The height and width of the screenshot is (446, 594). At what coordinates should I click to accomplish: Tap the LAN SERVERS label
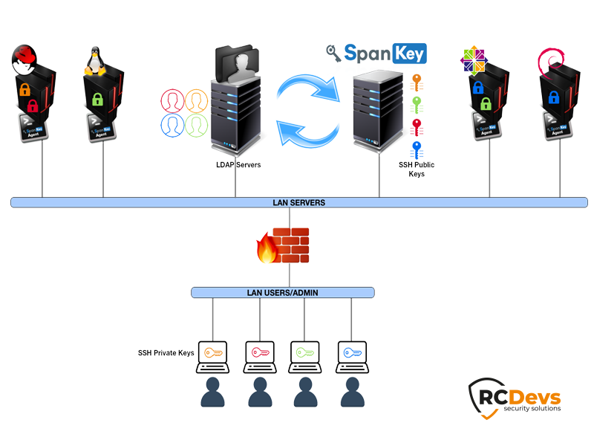(299, 202)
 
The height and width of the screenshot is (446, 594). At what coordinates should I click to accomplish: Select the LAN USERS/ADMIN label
(282, 293)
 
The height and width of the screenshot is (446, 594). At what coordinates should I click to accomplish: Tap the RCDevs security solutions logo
(515, 395)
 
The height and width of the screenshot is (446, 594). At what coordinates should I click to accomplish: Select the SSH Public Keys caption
(417, 169)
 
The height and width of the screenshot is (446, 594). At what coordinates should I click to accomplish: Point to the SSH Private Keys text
(166, 352)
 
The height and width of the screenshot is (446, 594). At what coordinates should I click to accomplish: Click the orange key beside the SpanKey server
(417, 80)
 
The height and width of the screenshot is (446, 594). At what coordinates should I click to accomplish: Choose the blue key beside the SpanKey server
(417, 149)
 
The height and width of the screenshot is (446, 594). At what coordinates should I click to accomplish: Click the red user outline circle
(172, 100)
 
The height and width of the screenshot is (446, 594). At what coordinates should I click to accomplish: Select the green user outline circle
(196, 124)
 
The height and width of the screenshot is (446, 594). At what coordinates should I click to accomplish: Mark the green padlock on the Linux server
(97, 100)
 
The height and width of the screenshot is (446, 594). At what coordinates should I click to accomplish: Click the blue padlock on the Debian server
(554, 97)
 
